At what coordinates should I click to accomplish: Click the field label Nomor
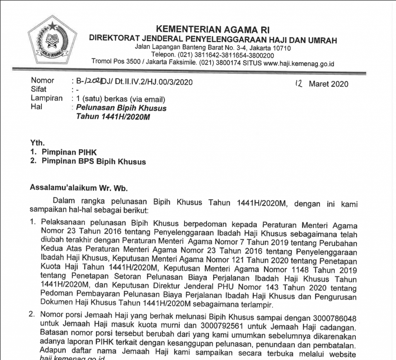pyautogui.click(x=43, y=81)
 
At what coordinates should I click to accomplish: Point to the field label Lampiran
pyautogui.click(x=46, y=98)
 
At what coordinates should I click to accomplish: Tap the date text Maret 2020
pyautogui.click(x=328, y=84)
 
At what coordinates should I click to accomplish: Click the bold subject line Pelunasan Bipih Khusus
pyautogui.click(x=121, y=108)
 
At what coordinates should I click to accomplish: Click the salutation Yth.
pyautogui.click(x=37, y=143)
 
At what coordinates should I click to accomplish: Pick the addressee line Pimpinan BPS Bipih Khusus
pyautogui.click(x=94, y=161)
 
